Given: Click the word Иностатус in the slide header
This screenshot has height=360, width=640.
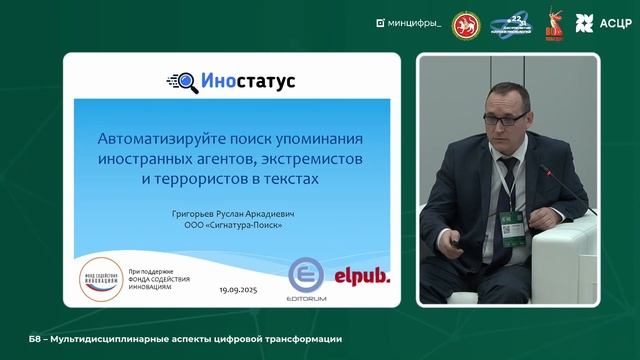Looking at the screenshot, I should point(241,80).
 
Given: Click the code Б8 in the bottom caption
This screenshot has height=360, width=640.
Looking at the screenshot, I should point(14,339).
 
